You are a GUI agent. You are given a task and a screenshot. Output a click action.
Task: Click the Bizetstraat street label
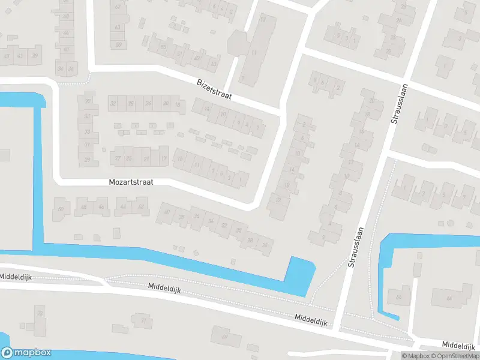[x=215, y=89]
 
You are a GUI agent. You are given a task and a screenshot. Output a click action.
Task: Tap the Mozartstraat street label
[x=131, y=181]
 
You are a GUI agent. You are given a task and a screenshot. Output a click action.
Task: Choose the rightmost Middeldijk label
[x=460, y=345]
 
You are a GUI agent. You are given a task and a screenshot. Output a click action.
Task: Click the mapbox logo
[x=26, y=353]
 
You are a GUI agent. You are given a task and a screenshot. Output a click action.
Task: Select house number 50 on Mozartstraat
[x=60, y=208]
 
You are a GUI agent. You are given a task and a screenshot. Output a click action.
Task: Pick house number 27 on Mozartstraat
[x=118, y=158]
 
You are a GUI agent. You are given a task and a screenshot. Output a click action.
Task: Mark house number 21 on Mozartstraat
[x=146, y=158]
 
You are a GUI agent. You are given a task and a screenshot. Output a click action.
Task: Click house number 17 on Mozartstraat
[x=164, y=158]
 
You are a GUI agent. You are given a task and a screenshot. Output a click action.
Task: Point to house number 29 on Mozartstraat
[x=88, y=160]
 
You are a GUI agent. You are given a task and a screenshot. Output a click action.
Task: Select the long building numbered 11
[x=254, y=53]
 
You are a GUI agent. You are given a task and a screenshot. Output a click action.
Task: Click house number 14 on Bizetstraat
[x=207, y=109]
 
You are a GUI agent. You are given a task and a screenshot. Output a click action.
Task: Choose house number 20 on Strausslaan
[x=372, y=101]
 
